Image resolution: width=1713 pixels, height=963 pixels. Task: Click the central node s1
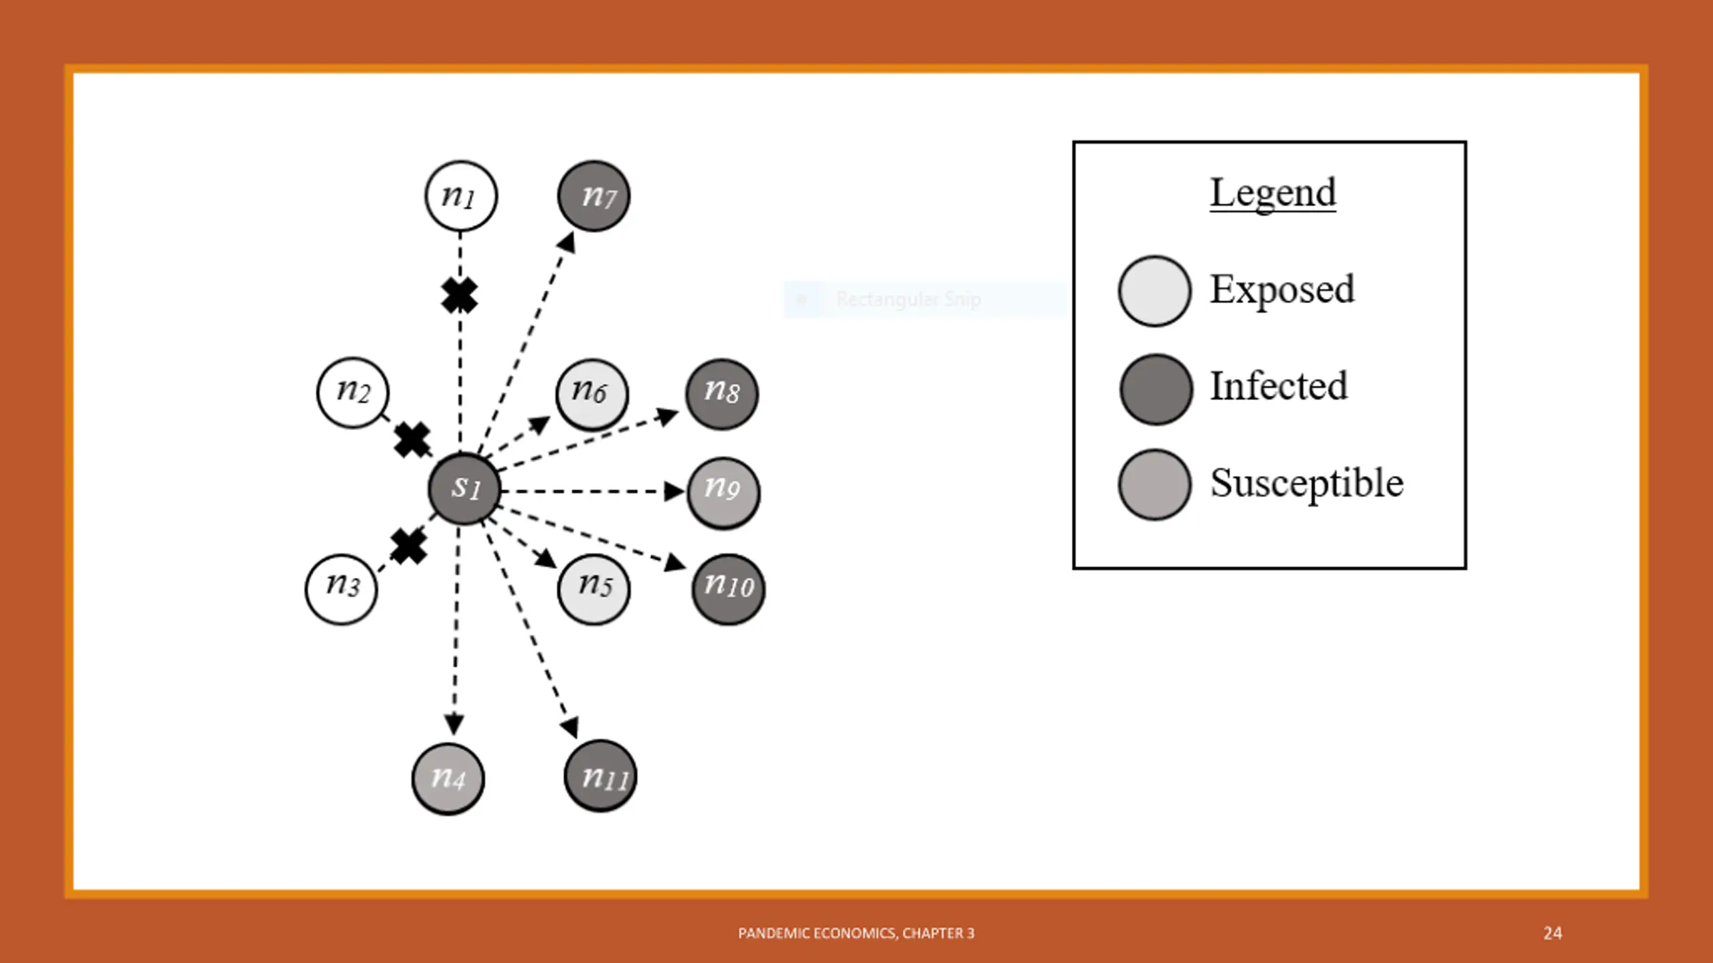click(x=464, y=489)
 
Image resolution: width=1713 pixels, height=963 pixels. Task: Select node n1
click(x=461, y=196)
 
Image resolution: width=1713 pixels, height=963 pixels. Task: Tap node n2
click(x=353, y=393)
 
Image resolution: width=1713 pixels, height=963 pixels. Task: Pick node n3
click(x=341, y=589)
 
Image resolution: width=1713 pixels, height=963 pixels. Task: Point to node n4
click(x=448, y=779)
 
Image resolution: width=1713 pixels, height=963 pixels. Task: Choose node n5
click(x=594, y=589)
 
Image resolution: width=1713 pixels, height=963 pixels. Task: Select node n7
click(x=594, y=196)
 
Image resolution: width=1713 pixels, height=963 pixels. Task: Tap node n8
click(x=722, y=394)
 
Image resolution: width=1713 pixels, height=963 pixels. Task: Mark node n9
click(x=723, y=493)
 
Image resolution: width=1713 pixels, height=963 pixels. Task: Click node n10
click(x=728, y=589)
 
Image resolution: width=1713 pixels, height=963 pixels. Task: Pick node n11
click(x=600, y=776)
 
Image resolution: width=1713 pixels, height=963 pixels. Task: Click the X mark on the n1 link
click(x=460, y=296)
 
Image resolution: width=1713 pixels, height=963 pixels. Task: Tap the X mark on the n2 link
click(x=412, y=440)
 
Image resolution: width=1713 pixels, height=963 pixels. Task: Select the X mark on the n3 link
click(x=408, y=546)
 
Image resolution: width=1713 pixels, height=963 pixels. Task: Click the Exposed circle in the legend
click(x=1154, y=291)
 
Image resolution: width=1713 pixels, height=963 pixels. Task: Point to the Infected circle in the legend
click(x=1156, y=389)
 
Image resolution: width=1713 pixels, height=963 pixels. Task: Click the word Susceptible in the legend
click(x=1306, y=483)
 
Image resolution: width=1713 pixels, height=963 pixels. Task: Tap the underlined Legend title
click(x=1273, y=193)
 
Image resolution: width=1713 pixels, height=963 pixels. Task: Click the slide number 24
click(x=1552, y=933)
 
